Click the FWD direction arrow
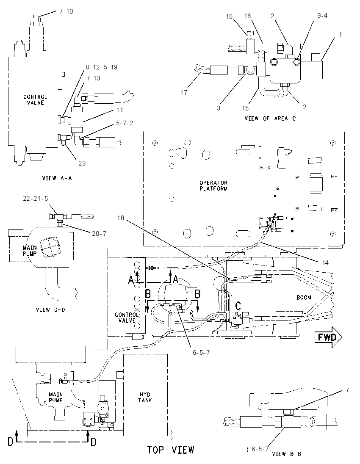[x=328, y=337]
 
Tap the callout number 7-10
[x=66, y=11]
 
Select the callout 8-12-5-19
[x=102, y=67]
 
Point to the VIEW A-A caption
[x=57, y=178]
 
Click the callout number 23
[x=82, y=163]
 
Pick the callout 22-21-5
[x=35, y=199]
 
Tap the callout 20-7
[x=99, y=234]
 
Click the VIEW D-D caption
[x=50, y=310]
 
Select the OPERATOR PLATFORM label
[x=213, y=185]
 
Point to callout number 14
[x=325, y=263]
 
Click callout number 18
[x=120, y=218]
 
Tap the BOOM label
[x=304, y=297]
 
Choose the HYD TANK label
[x=145, y=398]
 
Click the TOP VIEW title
[x=171, y=450]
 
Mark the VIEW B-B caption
[x=286, y=454]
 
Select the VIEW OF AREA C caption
[x=270, y=119]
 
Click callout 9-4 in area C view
[x=322, y=15]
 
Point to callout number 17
[x=183, y=93]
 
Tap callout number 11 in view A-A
[x=119, y=110]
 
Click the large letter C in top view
[x=238, y=306]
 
